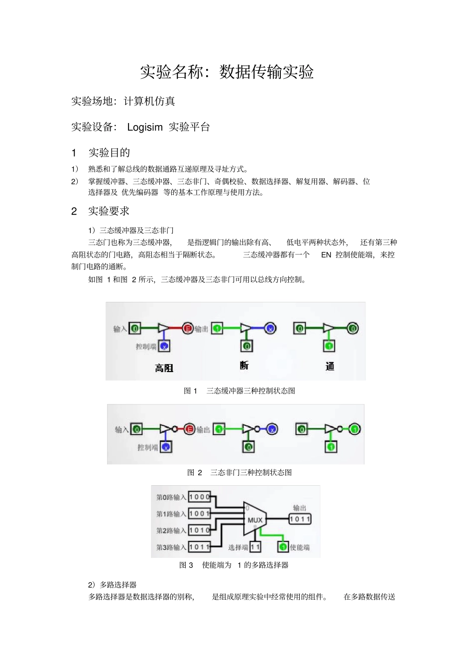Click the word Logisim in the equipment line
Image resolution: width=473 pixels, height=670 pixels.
click(x=144, y=127)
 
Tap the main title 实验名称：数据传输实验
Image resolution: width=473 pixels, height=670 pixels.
click(x=227, y=72)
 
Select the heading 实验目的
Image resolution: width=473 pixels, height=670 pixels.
click(x=109, y=152)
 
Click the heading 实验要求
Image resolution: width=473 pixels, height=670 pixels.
click(x=109, y=211)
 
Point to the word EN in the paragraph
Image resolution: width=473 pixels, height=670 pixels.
click(x=326, y=255)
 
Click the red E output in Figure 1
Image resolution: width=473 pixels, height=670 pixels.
click(x=188, y=328)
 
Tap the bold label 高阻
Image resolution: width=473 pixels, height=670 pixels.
click(x=164, y=368)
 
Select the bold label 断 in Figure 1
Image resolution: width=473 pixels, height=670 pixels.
click(x=244, y=366)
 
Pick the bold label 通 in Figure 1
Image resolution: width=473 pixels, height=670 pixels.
click(x=330, y=367)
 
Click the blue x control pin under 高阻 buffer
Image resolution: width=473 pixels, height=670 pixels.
click(x=164, y=346)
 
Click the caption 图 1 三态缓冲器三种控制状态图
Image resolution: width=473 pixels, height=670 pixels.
click(x=239, y=391)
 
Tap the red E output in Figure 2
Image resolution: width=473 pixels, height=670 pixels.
click(x=189, y=429)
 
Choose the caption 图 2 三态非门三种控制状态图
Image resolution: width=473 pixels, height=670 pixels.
click(x=239, y=472)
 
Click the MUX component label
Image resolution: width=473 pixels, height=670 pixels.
click(x=255, y=520)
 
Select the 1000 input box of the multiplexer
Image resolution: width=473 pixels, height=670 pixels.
click(x=199, y=497)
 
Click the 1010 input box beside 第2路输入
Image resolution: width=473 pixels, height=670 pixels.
click(x=199, y=530)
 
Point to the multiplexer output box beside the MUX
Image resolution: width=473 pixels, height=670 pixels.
click(x=300, y=519)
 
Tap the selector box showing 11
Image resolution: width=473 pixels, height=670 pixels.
click(x=255, y=547)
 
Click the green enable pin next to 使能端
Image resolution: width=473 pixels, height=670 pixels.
click(x=283, y=547)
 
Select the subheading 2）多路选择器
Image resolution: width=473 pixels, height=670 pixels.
click(x=112, y=585)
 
